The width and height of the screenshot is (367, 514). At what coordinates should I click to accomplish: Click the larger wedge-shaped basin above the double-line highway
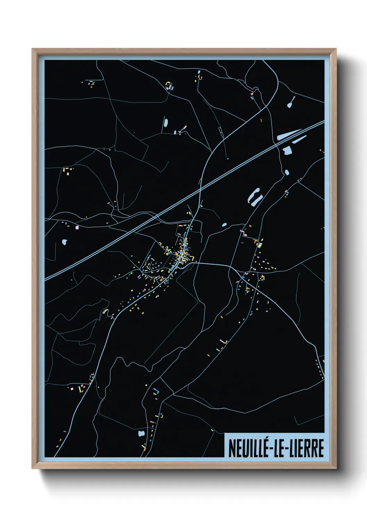(x=288, y=135)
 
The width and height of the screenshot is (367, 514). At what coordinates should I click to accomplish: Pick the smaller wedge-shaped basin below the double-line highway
(x=299, y=140)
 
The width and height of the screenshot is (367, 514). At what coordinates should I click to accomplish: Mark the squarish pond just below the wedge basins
(x=287, y=151)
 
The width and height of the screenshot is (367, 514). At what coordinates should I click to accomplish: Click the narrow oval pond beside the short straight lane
(x=166, y=123)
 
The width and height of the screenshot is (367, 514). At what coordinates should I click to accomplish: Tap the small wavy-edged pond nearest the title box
(x=141, y=433)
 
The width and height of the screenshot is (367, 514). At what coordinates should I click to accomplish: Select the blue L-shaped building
(x=156, y=391)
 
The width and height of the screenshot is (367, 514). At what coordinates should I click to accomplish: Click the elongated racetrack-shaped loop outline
(x=220, y=131)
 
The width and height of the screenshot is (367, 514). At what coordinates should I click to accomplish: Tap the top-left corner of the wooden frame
(x=32, y=49)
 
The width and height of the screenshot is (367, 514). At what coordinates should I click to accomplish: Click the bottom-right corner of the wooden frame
(x=336, y=469)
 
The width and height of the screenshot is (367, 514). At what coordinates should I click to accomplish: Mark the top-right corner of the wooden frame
(x=336, y=49)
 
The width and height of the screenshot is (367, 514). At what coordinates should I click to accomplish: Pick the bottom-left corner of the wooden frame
(x=32, y=469)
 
